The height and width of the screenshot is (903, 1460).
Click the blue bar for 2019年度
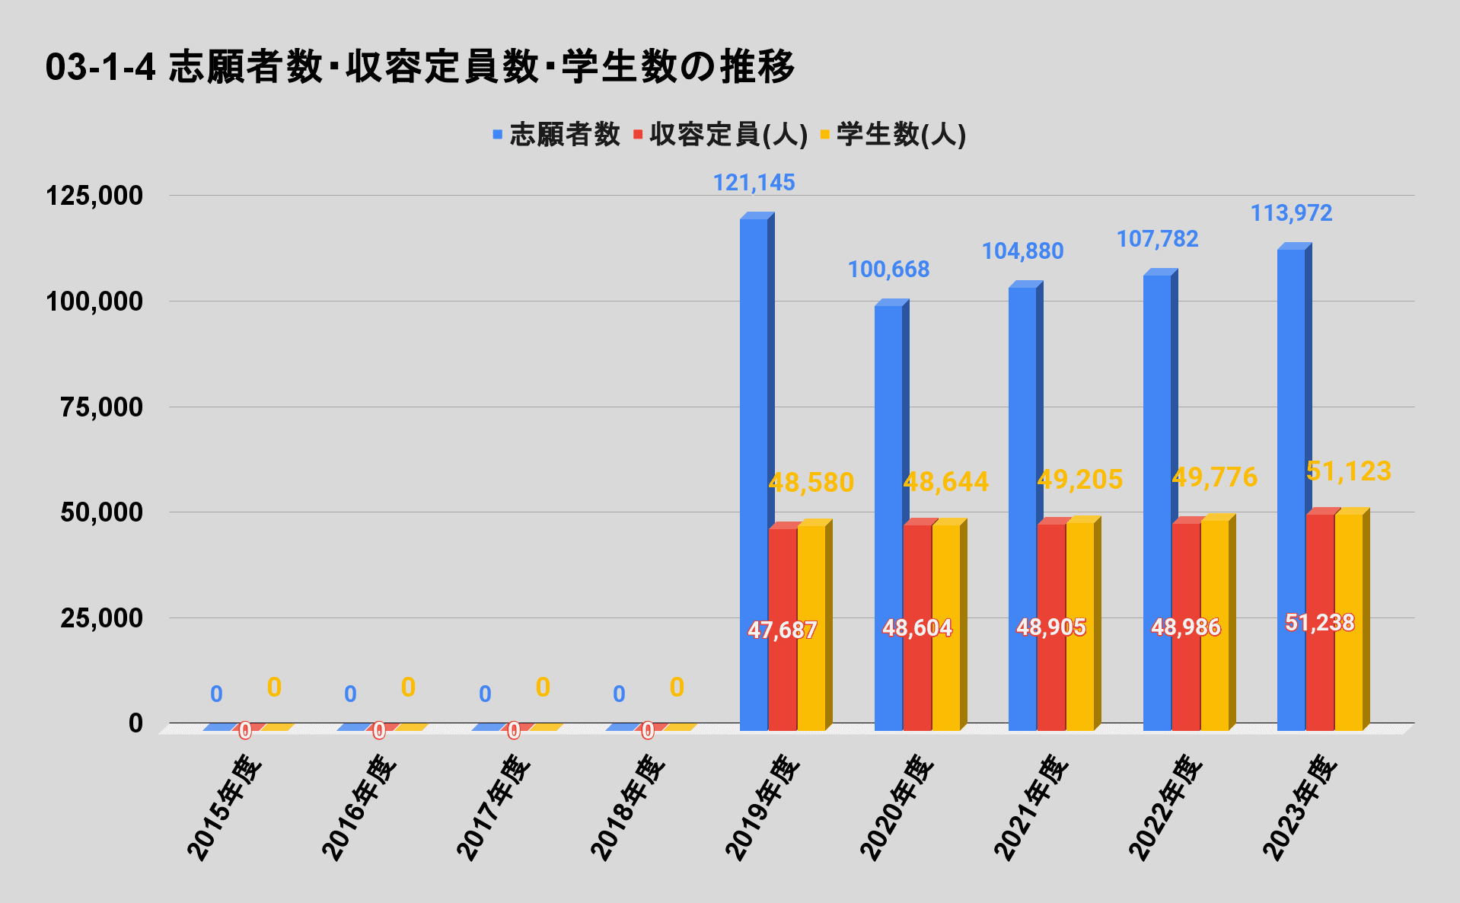click(754, 472)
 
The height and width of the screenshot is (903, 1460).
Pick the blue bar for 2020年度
click(888, 518)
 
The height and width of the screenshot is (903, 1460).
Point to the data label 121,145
click(754, 183)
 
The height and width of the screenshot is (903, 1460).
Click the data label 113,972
click(1291, 213)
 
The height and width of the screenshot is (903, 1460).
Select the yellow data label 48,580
click(811, 483)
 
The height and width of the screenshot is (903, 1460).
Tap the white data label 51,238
click(1320, 623)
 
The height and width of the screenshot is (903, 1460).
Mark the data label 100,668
click(888, 270)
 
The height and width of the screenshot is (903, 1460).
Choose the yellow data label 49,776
click(1214, 477)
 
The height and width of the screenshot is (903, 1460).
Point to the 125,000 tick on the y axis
click(94, 196)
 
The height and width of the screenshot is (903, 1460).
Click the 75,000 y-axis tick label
click(102, 407)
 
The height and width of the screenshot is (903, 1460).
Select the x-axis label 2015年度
click(225, 808)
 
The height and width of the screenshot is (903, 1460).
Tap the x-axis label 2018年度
click(628, 808)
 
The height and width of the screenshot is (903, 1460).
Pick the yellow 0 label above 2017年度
click(543, 688)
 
